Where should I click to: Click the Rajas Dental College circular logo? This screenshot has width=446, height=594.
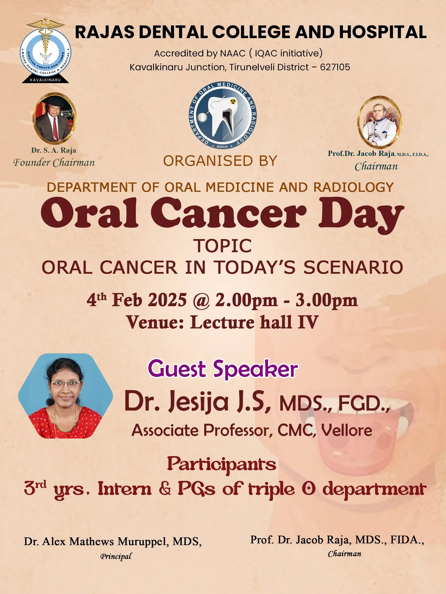(45, 51)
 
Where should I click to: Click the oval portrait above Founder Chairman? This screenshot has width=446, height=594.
(55, 118)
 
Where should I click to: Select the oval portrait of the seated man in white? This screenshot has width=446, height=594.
(379, 122)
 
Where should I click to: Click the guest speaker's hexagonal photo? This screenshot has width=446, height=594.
(65, 396)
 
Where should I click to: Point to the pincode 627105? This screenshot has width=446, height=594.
(335, 67)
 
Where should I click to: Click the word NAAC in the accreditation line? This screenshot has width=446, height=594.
(233, 53)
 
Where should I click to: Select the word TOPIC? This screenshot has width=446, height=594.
(223, 246)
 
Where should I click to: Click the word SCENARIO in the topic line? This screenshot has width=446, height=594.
(353, 268)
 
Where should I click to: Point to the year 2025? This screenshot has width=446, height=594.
(167, 300)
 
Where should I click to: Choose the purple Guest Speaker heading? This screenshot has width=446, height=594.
(223, 369)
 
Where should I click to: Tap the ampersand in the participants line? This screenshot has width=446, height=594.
(165, 488)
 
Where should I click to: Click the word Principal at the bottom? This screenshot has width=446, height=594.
(116, 556)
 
